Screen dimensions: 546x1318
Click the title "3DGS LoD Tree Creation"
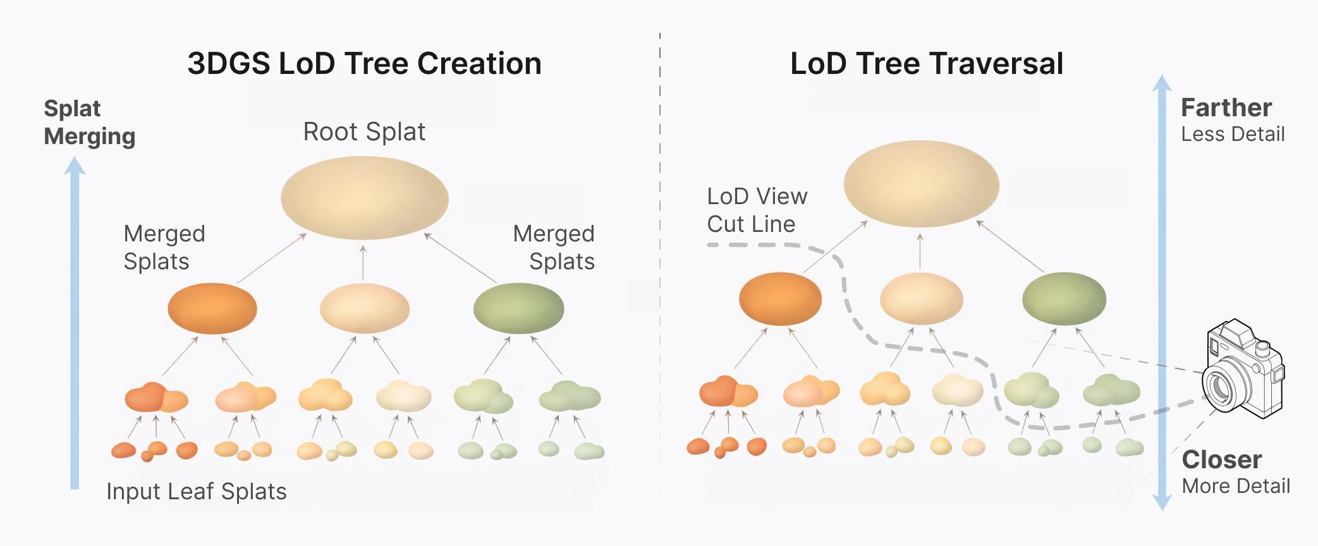click(364, 64)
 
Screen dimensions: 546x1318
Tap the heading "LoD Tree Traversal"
click(926, 64)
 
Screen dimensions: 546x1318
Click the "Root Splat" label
click(364, 132)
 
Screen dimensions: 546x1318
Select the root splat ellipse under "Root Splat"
click(365, 198)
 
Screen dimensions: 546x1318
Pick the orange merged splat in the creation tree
click(212, 308)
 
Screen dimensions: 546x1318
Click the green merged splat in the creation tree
click(518, 308)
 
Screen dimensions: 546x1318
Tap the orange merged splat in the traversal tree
click(780, 299)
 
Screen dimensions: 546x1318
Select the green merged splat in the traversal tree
click(1064, 299)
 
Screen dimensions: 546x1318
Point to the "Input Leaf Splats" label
click(197, 492)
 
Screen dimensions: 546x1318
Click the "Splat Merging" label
click(89, 123)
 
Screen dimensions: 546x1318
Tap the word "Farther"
click(1226, 108)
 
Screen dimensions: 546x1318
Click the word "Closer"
click(1221, 459)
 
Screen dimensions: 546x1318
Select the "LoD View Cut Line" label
click(757, 210)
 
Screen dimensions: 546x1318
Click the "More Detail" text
click(1235, 486)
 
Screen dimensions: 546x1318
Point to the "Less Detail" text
click(1233, 135)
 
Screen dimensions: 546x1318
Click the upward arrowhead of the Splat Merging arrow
click(75, 166)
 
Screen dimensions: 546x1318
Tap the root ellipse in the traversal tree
click(921, 186)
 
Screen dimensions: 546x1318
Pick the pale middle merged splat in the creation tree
click(365, 308)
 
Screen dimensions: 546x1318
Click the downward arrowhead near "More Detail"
click(1162, 502)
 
